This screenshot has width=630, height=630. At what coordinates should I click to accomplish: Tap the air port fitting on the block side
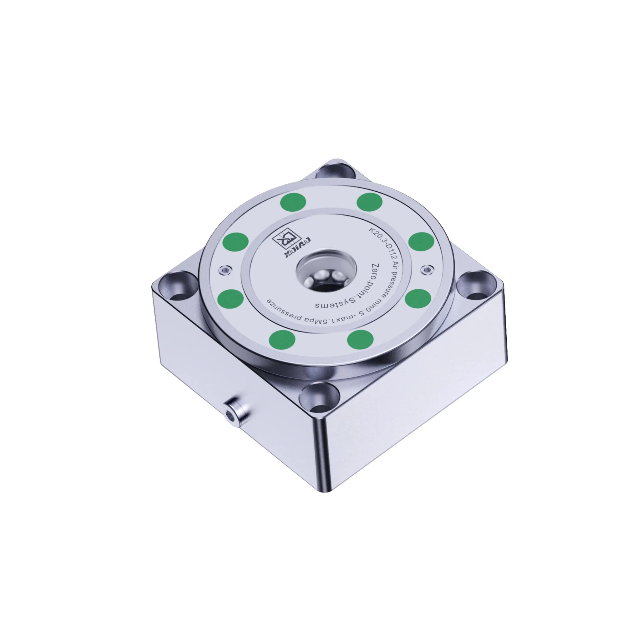click(233, 414)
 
